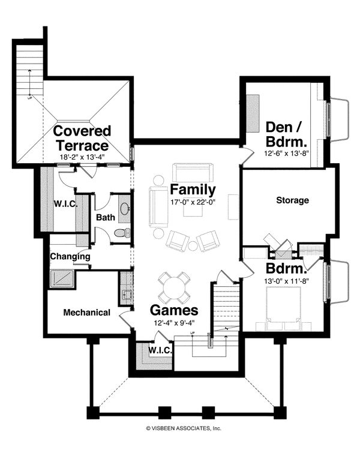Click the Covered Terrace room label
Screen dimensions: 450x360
pos(82,137)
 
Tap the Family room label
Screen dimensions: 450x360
pos(193,190)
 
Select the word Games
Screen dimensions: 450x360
pos(173,310)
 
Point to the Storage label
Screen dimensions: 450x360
pos(292,200)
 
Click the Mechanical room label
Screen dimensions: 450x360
pos(86,312)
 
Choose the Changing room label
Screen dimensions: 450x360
pos(70,256)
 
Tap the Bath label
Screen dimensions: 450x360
pos(106,217)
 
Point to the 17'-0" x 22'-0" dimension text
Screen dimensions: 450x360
pos(193,202)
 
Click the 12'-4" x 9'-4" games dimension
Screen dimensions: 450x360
pos(173,324)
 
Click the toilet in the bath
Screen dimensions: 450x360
pos(121,233)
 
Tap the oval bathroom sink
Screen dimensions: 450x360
pos(125,208)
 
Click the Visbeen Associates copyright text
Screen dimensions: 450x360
pos(184,428)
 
